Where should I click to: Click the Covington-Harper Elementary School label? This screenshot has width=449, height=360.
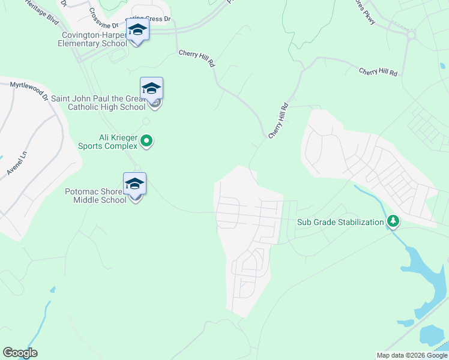(94, 39)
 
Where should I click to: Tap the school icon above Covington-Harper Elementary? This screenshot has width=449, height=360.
(137, 29)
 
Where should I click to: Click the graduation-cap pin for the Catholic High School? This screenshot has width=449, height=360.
(151, 89)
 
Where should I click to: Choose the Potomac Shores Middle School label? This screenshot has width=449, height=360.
(96, 196)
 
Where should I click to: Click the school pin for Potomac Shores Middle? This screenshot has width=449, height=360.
(134, 184)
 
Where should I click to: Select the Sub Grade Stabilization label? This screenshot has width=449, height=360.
(340, 222)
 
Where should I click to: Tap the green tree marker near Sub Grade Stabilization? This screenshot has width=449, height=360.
(393, 222)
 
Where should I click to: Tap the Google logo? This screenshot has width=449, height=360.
(20, 353)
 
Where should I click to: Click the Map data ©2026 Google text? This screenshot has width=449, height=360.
(412, 355)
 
